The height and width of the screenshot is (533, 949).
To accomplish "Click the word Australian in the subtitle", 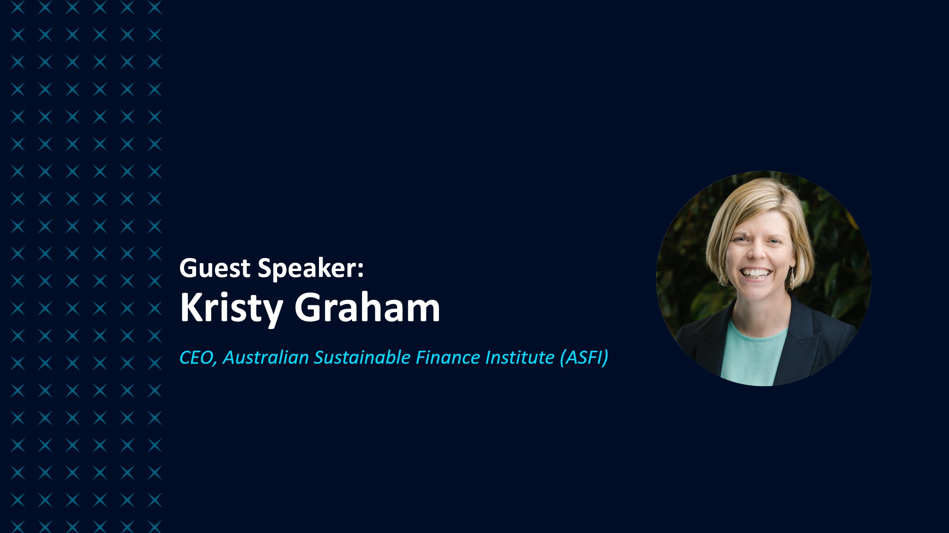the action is pos(266,357).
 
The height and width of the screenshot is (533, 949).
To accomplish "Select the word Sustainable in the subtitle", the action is pos(362,357).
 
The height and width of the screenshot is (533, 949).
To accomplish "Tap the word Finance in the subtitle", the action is pos(448,357).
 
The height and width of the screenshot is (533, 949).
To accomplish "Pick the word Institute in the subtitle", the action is pos(520,357).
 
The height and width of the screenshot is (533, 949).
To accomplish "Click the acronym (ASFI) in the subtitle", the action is pos(584,358).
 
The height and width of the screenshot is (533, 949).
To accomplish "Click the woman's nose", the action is pos(756,252).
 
